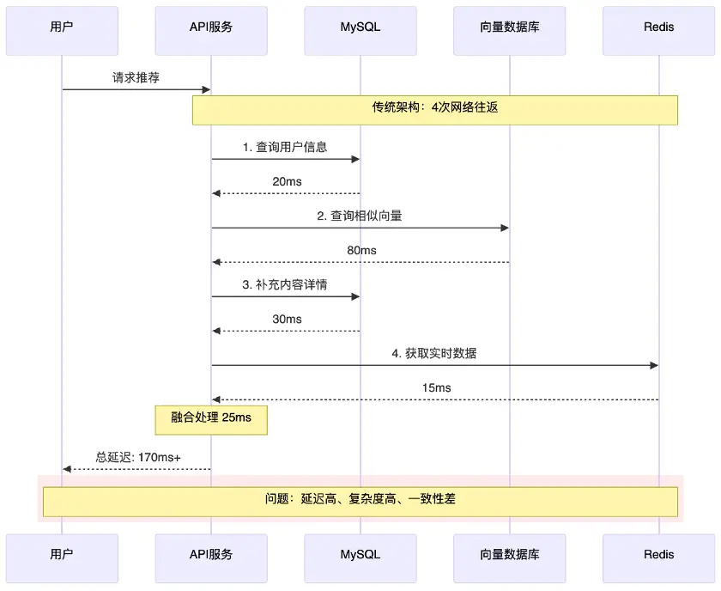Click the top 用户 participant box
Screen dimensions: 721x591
pos(62,31)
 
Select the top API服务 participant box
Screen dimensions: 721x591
pos(211,31)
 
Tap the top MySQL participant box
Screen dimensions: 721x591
pos(360,31)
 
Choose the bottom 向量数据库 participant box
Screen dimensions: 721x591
pos(510,558)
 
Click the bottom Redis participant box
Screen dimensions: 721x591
pos(659,558)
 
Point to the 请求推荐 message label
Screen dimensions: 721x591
pos(136,77)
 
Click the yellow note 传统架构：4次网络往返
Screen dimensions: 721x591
pos(435,110)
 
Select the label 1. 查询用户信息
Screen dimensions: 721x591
pos(285,147)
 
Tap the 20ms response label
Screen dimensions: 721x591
pos(287,181)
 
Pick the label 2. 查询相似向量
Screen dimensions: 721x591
pos(360,216)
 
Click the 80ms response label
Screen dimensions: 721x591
pos(361,250)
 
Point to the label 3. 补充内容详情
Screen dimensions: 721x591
pos(285,284)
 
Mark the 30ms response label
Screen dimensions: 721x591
pos(287,319)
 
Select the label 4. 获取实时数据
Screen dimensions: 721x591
pos(434,353)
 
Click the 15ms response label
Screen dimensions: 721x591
pos(436,387)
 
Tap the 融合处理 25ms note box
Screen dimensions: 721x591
pos(211,420)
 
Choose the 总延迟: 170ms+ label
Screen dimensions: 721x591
pos(138,457)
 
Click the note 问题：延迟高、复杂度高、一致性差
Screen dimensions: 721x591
pos(360,502)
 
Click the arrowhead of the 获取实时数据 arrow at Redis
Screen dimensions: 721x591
pos(654,365)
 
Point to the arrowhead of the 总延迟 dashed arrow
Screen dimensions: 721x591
pos(67,469)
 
